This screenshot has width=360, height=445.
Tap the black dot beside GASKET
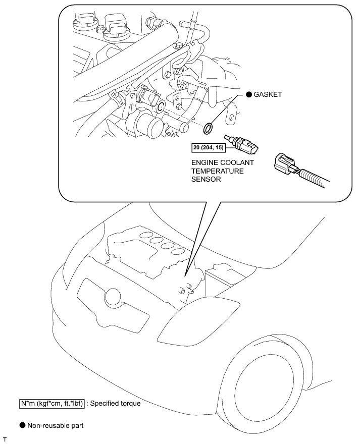click(x=249, y=94)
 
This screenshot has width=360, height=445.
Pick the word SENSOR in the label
click(x=205, y=179)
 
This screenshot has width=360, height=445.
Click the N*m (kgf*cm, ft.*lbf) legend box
click(x=51, y=404)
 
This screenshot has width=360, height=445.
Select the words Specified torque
click(x=114, y=404)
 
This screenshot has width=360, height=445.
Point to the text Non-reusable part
click(x=56, y=425)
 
